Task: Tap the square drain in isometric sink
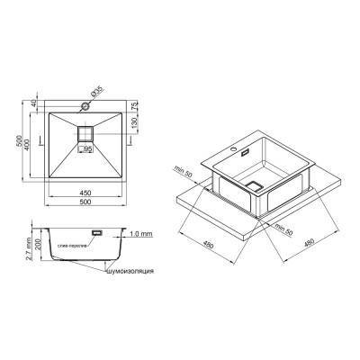pyautogui.click(x=256, y=185)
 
